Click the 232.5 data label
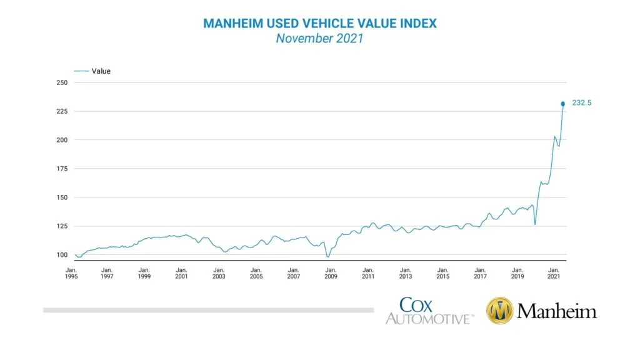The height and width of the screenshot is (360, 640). [x=581, y=104]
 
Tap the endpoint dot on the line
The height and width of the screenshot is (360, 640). [x=563, y=104]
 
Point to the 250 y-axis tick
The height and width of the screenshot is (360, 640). [x=61, y=82]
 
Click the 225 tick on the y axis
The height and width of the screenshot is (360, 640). [x=61, y=111]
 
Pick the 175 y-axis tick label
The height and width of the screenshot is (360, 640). [x=61, y=169]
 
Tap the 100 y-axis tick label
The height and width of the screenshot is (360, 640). [x=61, y=255]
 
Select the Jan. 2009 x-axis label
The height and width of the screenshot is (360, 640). [x=331, y=273]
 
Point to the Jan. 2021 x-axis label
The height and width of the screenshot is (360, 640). [x=554, y=273]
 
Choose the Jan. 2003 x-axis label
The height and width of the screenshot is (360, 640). [x=219, y=273]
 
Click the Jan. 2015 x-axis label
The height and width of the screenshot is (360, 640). [x=442, y=273]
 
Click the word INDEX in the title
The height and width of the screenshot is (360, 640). [x=418, y=24]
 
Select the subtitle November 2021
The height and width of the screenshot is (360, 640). [x=320, y=39]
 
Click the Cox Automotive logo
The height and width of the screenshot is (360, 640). [x=429, y=311]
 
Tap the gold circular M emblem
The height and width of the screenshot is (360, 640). [x=499, y=311]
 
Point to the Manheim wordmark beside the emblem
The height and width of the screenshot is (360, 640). [x=557, y=311]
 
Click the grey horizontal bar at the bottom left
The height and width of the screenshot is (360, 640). [x=208, y=310]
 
